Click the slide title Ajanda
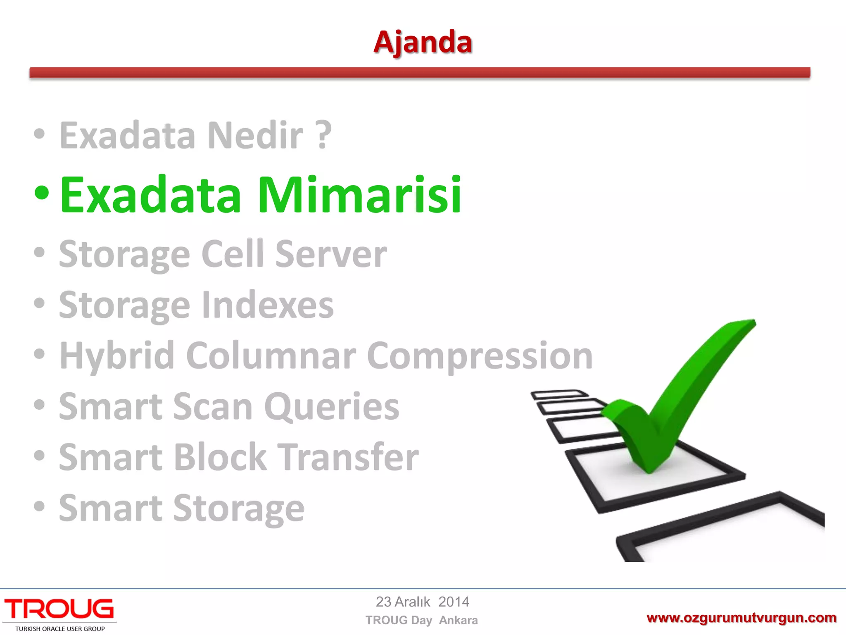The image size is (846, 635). coord(423,42)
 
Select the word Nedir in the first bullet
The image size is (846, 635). coord(255,136)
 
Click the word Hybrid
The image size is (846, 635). coord(117,356)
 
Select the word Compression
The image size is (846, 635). coord(480,356)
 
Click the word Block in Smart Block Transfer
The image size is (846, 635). coord(220,458)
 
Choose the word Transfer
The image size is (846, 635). coord(347,458)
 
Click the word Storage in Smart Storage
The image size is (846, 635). coord(238,509)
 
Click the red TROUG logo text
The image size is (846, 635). coord(59,609)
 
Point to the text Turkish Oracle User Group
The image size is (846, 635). coord(60,629)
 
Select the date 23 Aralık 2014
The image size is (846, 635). coord(422,602)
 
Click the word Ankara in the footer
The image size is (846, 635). coord(458,621)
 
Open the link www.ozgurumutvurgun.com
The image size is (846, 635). coord(741,618)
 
